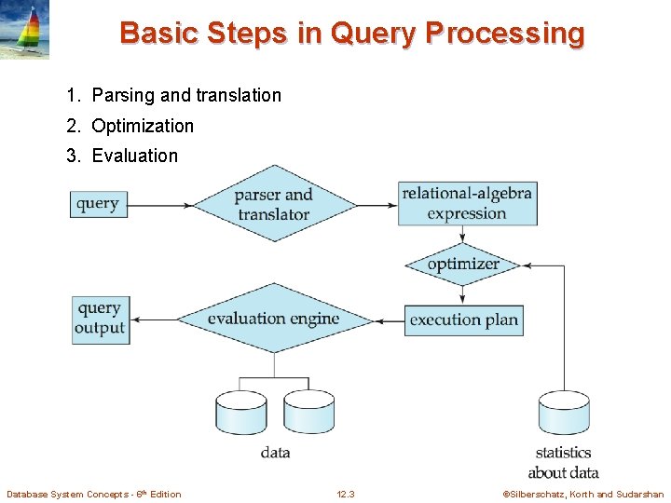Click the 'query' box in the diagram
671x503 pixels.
pyautogui.click(x=98, y=204)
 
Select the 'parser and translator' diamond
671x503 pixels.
pyautogui.click(x=273, y=204)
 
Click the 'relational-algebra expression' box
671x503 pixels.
pyautogui.click(x=467, y=204)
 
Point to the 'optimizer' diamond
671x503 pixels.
pyautogui.click(x=463, y=265)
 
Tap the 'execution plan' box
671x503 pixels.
pyautogui.click(x=463, y=319)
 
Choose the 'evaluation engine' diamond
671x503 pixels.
pyautogui.click(x=273, y=319)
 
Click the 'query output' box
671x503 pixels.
pyautogui.click(x=100, y=319)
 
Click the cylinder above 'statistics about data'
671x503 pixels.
pyautogui.click(x=564, y=414)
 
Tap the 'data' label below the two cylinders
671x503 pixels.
pyautogui.click(x=275, y=453)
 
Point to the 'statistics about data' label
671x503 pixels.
pyautogui.click(x=563, y=462)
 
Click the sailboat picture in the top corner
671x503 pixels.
pyautogui.click(x=25, y=30)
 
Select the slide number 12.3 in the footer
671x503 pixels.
pyautogui.click(x=345, y=494)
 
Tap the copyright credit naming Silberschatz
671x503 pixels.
pyautogui.click(x=583, y=494)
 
